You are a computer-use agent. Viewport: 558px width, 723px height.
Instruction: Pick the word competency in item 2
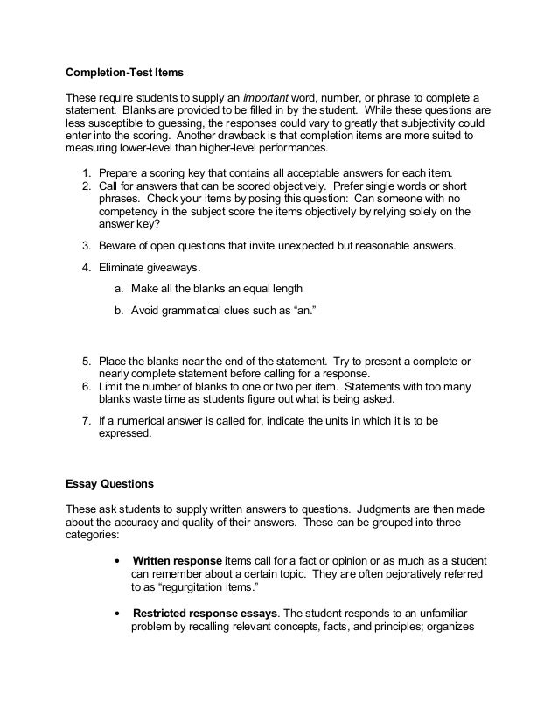[129, 211]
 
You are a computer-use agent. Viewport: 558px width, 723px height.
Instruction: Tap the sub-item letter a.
[118, 289]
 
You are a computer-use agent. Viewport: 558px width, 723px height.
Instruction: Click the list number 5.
[87, 361]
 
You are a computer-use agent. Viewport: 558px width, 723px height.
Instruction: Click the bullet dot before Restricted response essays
[118, 613]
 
